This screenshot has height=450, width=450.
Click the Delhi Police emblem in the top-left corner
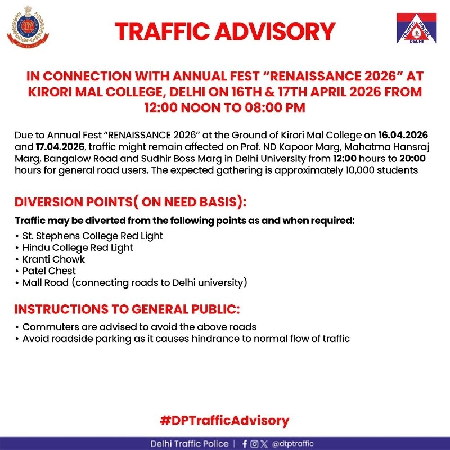(x=28, y=30)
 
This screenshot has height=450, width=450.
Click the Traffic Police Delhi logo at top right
(x=417, y=29)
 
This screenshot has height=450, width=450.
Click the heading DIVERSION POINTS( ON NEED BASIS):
(x=130, y=203)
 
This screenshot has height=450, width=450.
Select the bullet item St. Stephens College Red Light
(x=92, y=236)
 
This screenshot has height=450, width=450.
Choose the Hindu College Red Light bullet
(x=78, y=247)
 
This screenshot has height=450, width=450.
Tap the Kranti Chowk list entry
(x=53, y=259)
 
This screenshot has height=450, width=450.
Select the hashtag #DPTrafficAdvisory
(x=224, y=420)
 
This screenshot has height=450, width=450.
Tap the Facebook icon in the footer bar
(x=244, y=444)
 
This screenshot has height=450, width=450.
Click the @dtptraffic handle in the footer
(x=293, y=444)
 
